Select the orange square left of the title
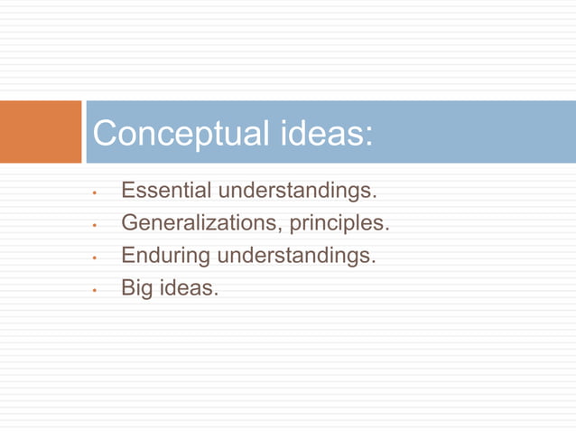pos(41,132)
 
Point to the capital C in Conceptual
pos(107,134)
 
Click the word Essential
pos(166,191)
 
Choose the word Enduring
pos(165,257)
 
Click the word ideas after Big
pos(189,288)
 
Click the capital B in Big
pos(128,288)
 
